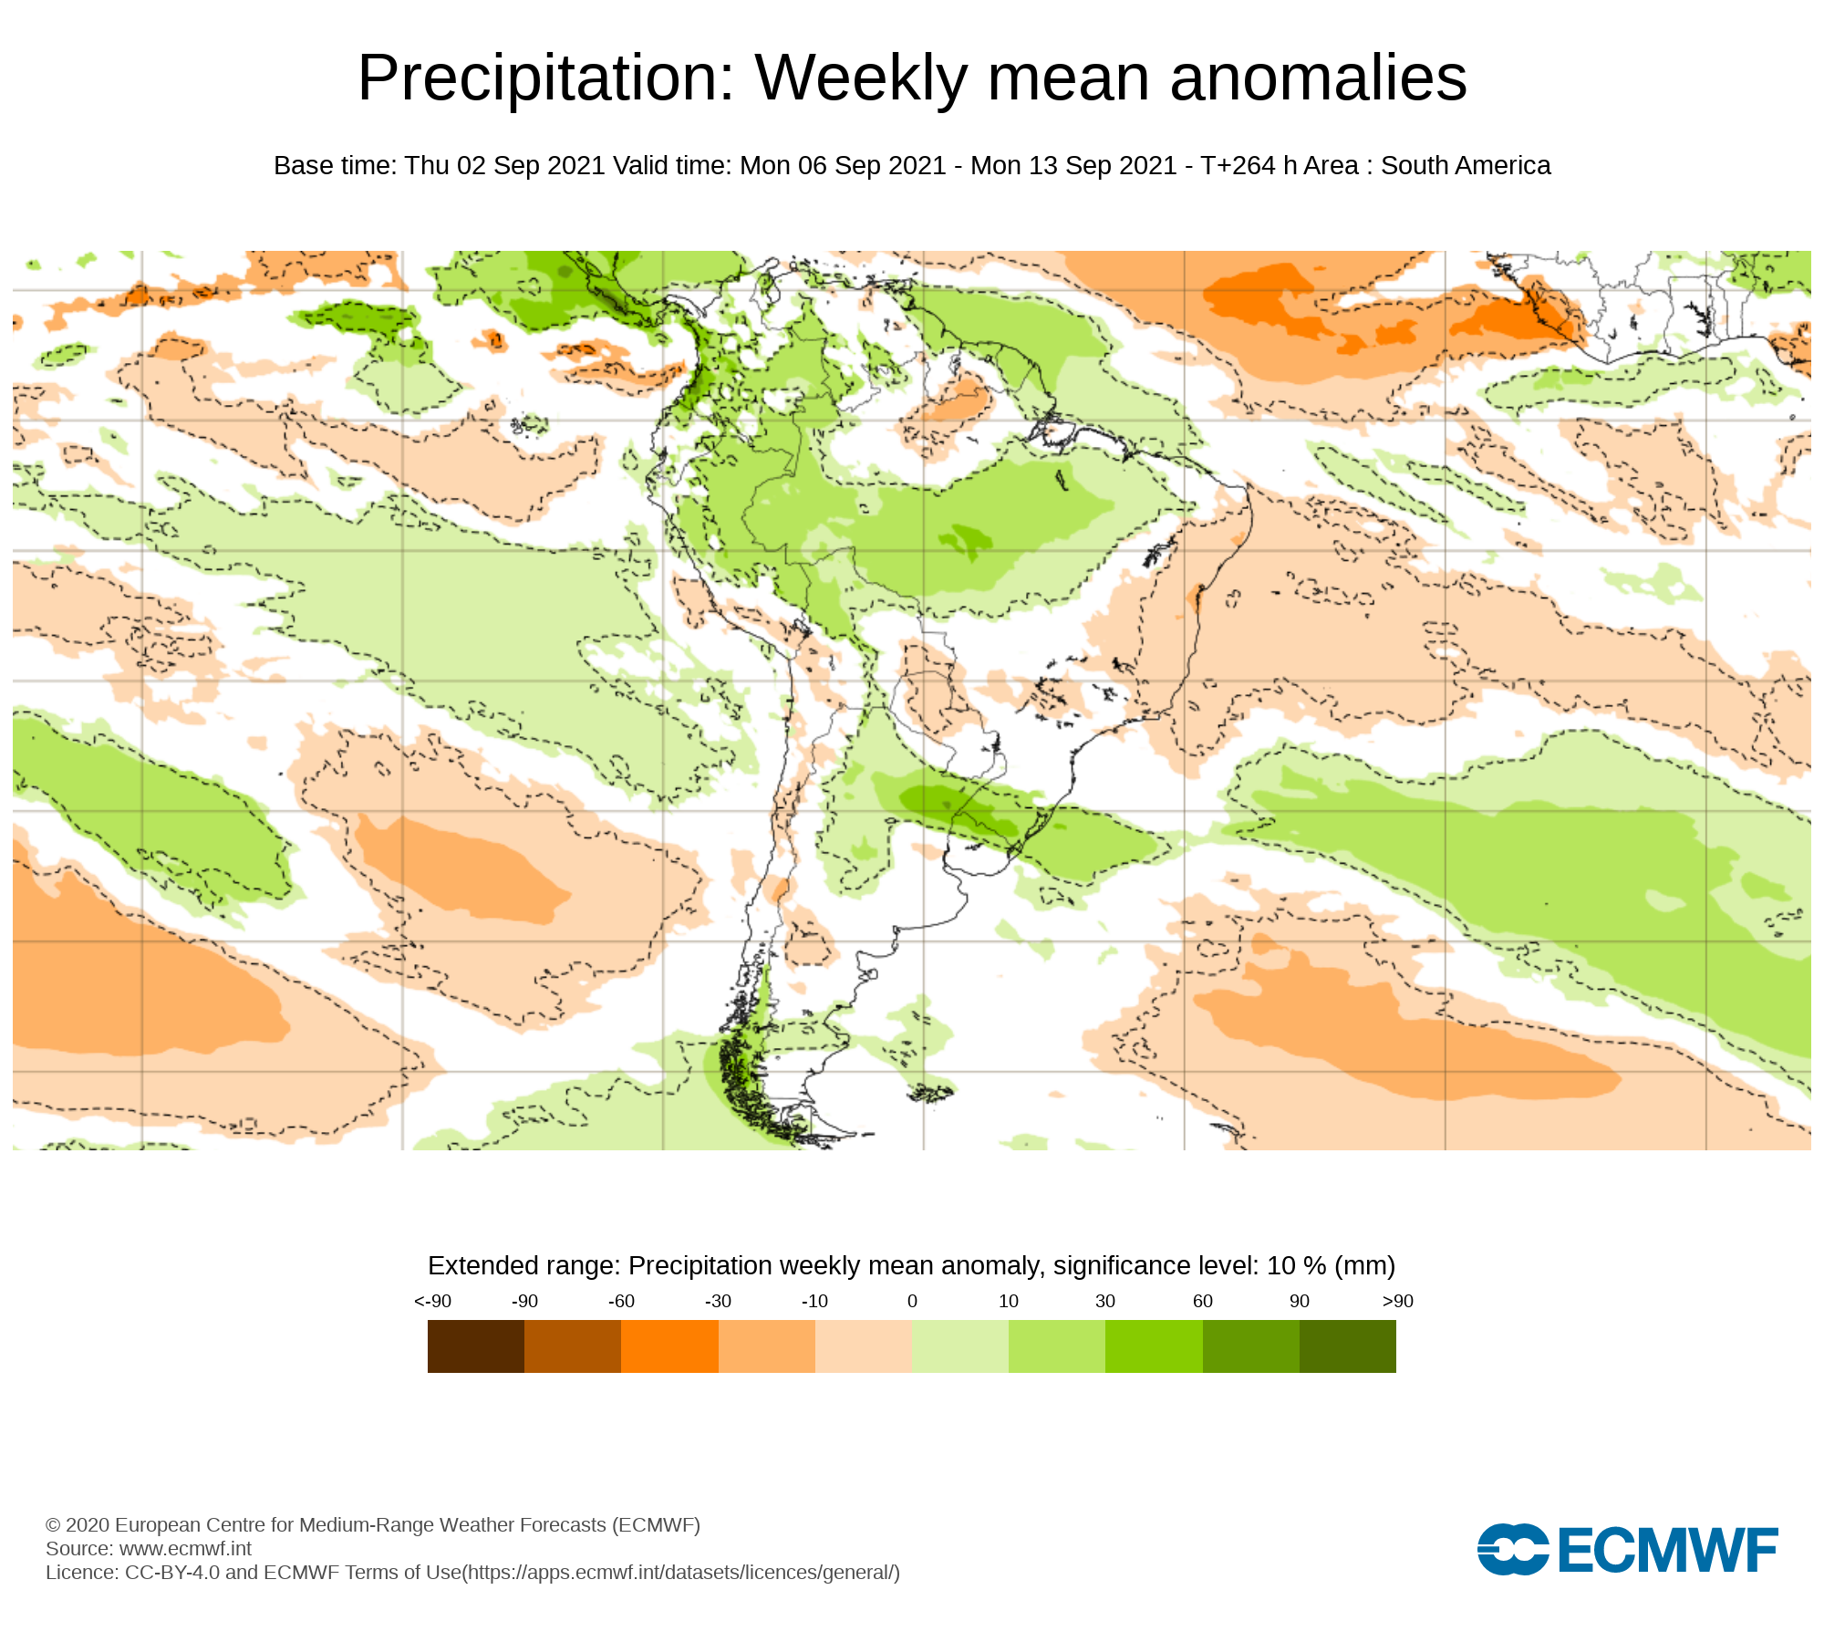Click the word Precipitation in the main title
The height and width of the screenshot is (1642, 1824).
[x=545, y=78]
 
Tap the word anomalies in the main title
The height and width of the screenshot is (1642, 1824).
[x=1318, y=78]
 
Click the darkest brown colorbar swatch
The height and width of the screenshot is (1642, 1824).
[x=475, y=1346]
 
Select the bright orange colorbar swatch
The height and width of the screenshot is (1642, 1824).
[x=669, y=1346]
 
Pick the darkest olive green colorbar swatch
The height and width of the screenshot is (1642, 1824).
[x=1347, y=1346]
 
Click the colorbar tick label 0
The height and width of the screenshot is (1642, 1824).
[x=912, y=1302]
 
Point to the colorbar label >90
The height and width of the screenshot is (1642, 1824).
[x=1397, y=1302]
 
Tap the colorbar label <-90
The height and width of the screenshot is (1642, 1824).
[x=432, y=1302]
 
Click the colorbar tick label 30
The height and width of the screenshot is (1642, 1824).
[x=1105, y=1302]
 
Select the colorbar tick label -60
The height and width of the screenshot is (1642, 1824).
[x=621, y=1302]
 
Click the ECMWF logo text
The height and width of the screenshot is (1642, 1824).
[x=1668, y=1550]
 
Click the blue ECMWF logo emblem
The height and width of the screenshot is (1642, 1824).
[x=1513, y=1549]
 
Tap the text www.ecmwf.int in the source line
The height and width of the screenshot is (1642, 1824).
[x=185, y=1549]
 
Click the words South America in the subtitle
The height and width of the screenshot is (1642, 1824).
[x=1465, y=166]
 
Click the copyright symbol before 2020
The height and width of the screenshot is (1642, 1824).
[x=53, y=1525]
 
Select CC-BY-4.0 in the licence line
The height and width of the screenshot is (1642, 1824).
[x=172, y=1573]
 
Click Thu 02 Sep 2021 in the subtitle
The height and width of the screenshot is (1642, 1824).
[x=505, y=166]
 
